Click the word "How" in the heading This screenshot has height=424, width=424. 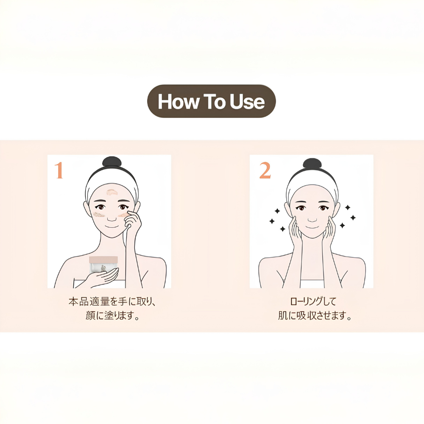[x=178, y=101]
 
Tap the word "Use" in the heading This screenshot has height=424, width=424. [x=247, y=101]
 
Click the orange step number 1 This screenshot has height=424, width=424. [x=59, y=170]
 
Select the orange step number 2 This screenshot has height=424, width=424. [x=265, y=170]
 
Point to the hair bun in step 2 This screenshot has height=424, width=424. [x=312, y=165]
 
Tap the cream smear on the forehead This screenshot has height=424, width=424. [x=112, y=192]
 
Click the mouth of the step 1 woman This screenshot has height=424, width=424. [x=112, y=226]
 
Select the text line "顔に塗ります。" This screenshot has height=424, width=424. [x=112, y=315]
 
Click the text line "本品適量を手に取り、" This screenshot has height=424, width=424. [x=112, y=301]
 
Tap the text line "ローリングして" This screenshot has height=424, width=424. [x=313, y=301]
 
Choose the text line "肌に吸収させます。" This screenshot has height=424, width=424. [x=315, y=315]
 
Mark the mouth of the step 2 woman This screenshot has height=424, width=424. [x=312, y=227]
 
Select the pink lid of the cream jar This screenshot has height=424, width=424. [x=103, y=259]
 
